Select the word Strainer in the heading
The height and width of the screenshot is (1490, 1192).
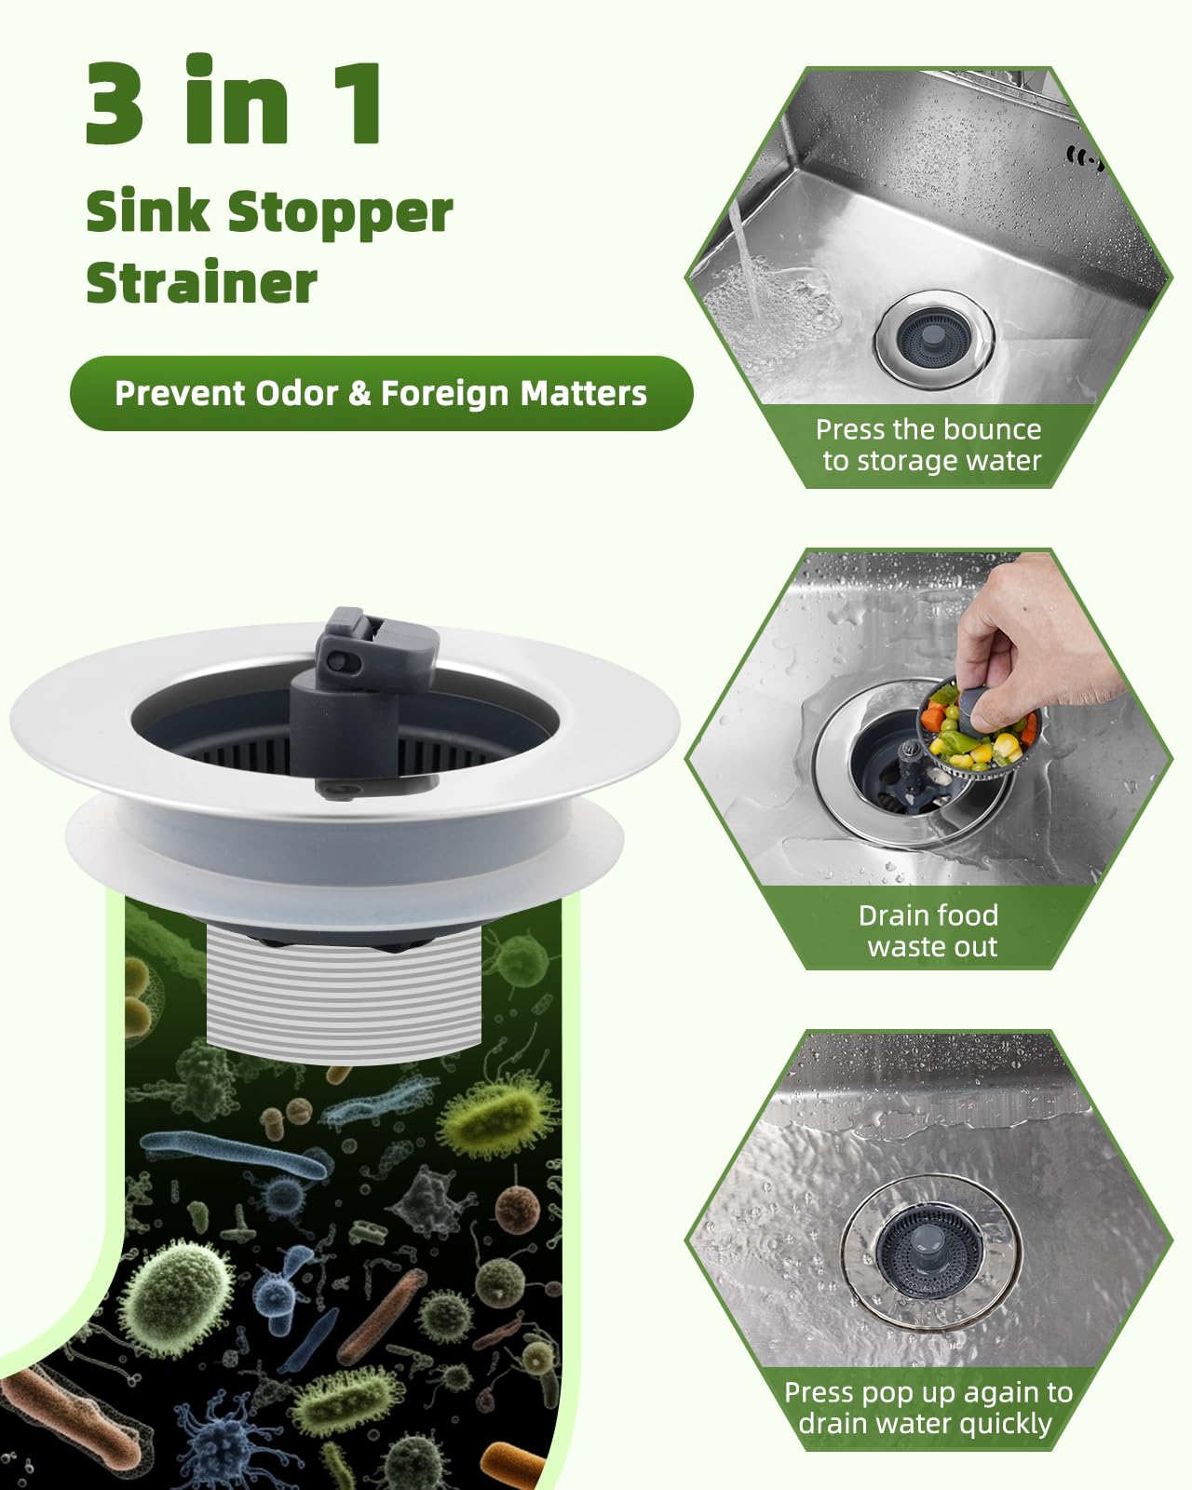pyautogui.click(x=202, y=282)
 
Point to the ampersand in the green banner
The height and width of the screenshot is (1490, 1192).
pyautogui.click(x=359, y=394)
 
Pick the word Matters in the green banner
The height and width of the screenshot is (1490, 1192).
pyautogui.click(x=583, y=393)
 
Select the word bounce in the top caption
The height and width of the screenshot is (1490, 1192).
pyautogui.click(x=996, y=429)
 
